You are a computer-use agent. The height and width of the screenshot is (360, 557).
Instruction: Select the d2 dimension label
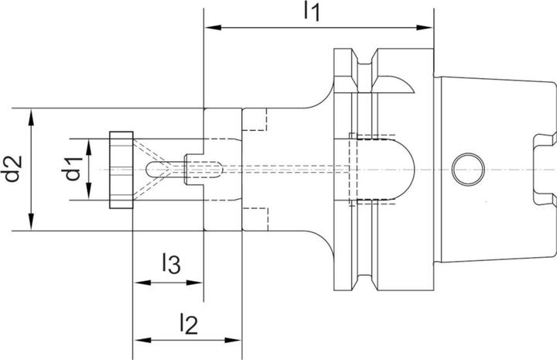[12, 170]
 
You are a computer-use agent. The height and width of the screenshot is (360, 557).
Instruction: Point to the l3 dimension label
[171, 265]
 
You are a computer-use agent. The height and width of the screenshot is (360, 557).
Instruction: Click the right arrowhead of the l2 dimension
[237, 340]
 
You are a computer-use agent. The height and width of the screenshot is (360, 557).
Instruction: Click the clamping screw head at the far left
[121, 170]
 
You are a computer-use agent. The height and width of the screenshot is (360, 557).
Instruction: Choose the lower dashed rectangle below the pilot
[255, 219]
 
